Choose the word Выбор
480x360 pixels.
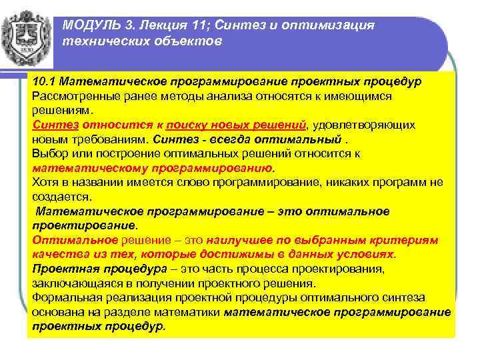pyautogui.click(x=48, y=153)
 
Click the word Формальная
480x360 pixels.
pyautogui.click(x=64, y=297)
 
